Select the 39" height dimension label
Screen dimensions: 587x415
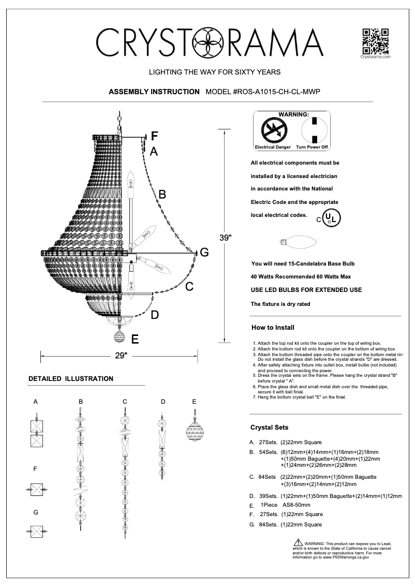coord(225,238)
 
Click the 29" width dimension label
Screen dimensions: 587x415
coord(120,356)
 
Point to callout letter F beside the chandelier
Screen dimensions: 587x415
coord(154,137)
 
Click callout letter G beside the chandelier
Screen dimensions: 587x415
coord(204,253)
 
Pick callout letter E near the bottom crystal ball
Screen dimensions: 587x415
coord(135,340)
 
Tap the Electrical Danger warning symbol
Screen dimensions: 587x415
coord(272,129)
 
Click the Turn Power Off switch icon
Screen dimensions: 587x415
coord(312,129)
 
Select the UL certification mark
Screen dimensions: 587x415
coord(331,218)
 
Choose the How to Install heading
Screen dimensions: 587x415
coord(272,328)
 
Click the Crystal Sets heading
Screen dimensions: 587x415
coord(270,428)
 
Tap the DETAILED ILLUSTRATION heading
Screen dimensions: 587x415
coord(71,378)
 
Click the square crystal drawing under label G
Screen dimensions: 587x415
coord(36,532)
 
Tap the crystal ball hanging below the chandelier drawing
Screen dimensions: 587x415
coord(120,337)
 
